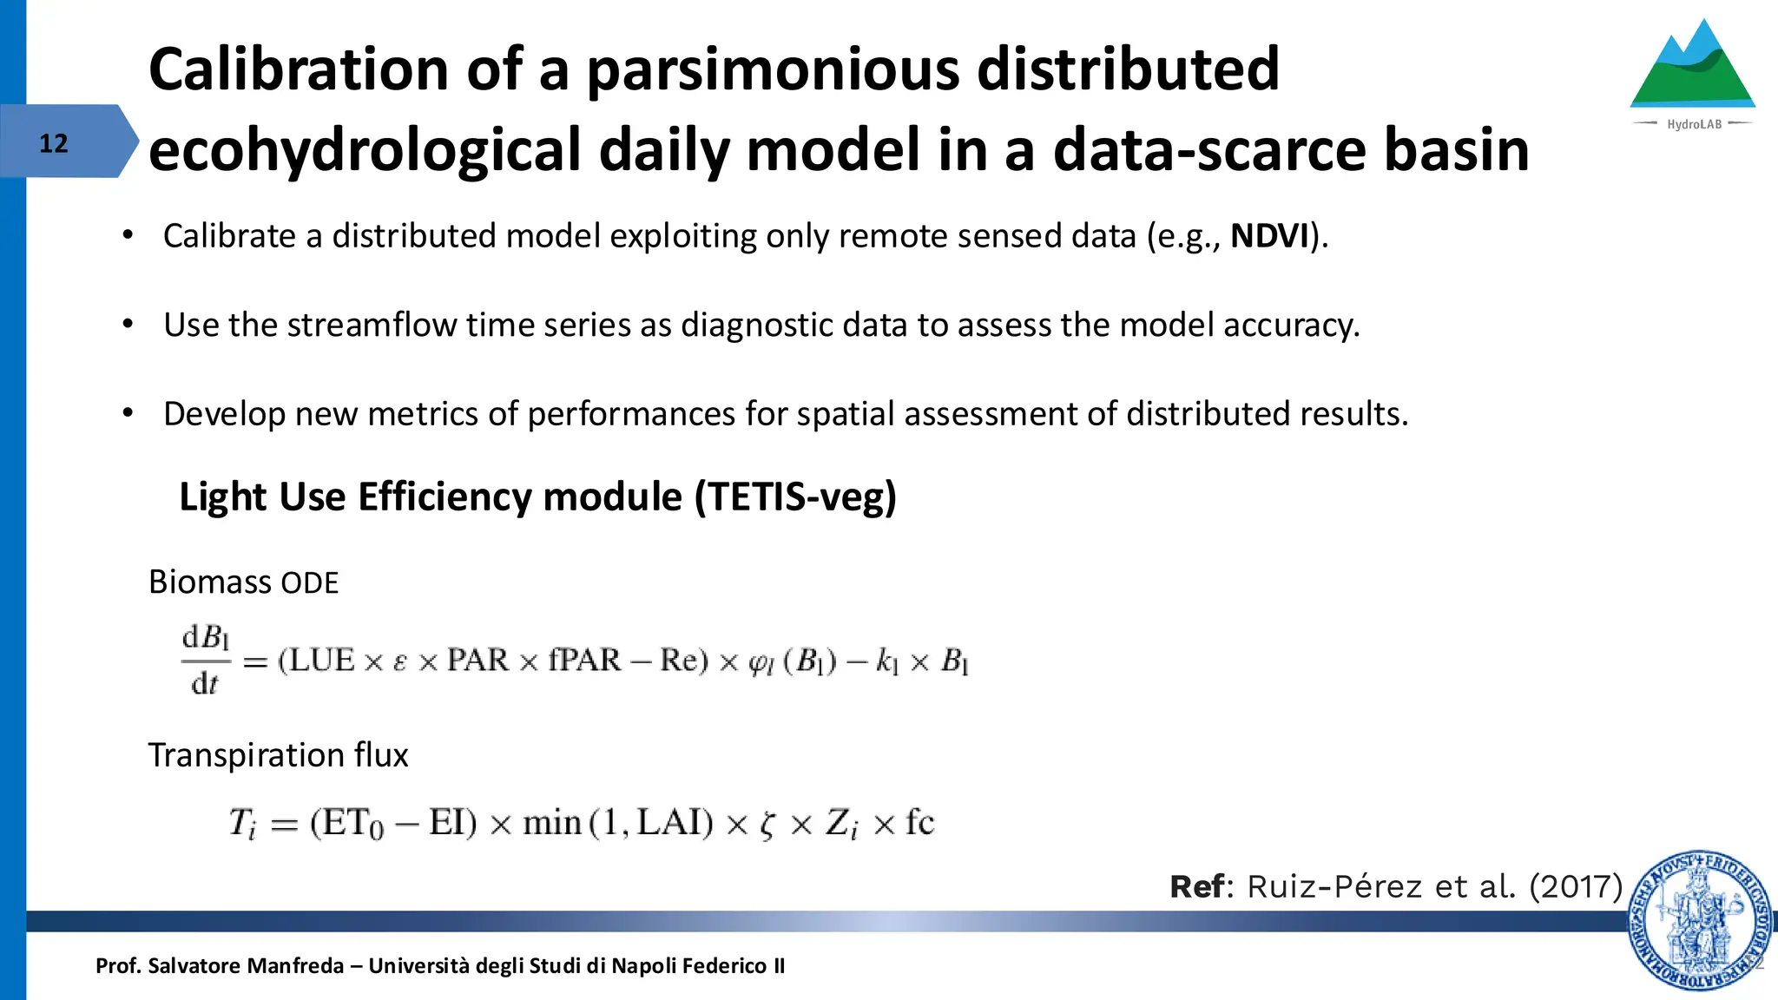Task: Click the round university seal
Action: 1700,920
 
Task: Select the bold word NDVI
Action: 1269,236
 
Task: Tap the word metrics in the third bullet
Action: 423,414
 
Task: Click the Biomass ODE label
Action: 243,582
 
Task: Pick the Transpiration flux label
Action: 278,755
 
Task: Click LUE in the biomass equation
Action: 321,661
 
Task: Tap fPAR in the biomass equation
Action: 584,661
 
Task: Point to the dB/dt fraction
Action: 206,661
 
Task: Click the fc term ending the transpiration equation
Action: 919,822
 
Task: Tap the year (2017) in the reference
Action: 1575,887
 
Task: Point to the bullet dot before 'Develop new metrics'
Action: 128,413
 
